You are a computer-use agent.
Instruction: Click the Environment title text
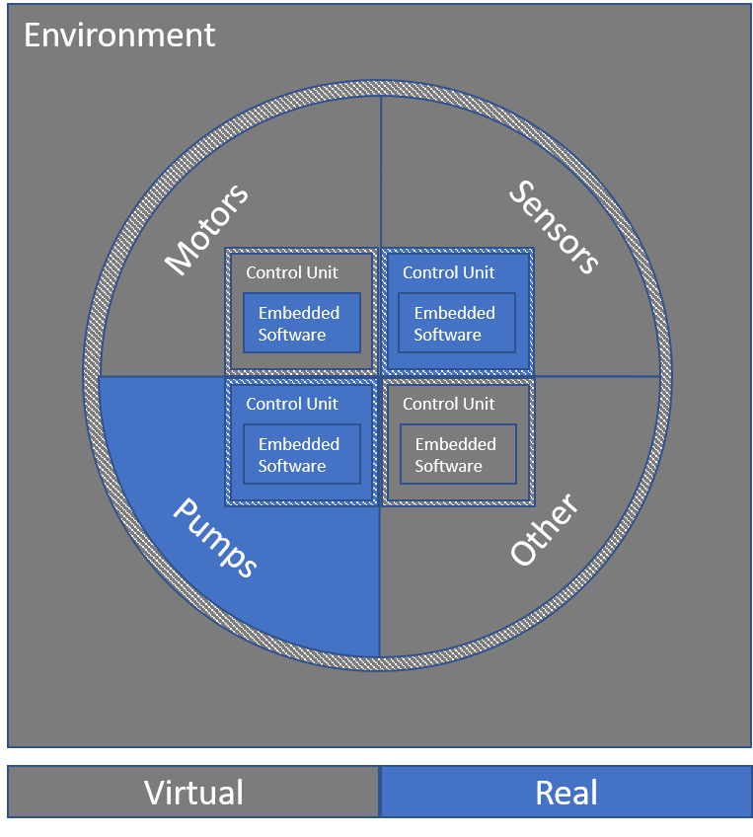pos(119,36)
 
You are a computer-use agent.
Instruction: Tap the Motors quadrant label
pos(206,229)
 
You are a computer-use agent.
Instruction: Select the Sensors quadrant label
pos(554,227)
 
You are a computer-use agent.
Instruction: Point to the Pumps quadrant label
pos(216,538)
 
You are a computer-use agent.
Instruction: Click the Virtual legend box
pos(193,793)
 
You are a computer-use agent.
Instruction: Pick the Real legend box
pos(566,793)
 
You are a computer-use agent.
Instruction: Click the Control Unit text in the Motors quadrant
pos(291,272)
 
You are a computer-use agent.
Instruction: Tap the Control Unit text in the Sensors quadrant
pos(448,272)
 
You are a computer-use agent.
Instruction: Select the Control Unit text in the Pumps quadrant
pos(291,404)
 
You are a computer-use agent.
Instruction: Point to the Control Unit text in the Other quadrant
pos(448,404)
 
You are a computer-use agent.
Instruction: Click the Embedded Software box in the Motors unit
pos(302,323)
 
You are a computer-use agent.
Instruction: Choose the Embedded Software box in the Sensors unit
pos(457,323)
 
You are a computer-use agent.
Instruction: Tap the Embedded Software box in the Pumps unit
pos(302,454)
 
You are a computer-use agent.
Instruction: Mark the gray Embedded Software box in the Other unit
pos(457,454)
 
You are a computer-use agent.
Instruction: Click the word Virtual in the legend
pos(193,793)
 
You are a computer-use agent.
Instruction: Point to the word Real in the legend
pos(566,793)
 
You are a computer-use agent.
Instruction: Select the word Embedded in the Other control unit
pos(455,444)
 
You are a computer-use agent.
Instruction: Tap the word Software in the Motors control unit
pos(292,335)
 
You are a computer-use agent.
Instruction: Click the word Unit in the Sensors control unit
pos(478,272)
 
